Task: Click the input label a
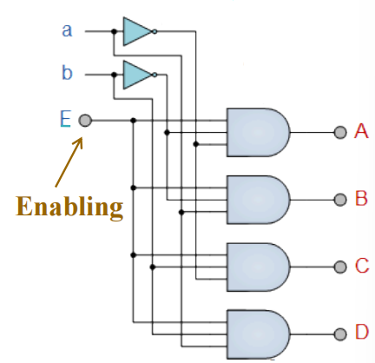click(67, 30)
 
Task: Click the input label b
click(67, 73)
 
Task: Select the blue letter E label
click(65, 119)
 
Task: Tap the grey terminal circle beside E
click(85, 121)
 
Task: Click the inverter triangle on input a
click(137, 31)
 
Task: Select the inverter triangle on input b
click(137, 75)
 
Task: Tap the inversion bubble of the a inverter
click(155, 31)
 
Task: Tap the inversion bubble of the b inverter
click(155, 75)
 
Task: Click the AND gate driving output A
click(258, 132)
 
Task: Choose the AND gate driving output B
click(258, 200)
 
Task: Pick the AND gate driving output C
click(258, 267)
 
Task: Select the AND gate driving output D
click(258, 334)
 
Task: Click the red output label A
click(361, 131)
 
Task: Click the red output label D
click(362, 332)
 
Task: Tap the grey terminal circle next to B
click(340, 200)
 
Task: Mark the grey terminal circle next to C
click(340, 267)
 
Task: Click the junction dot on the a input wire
click(114, 31)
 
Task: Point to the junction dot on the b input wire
click(114, 75)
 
